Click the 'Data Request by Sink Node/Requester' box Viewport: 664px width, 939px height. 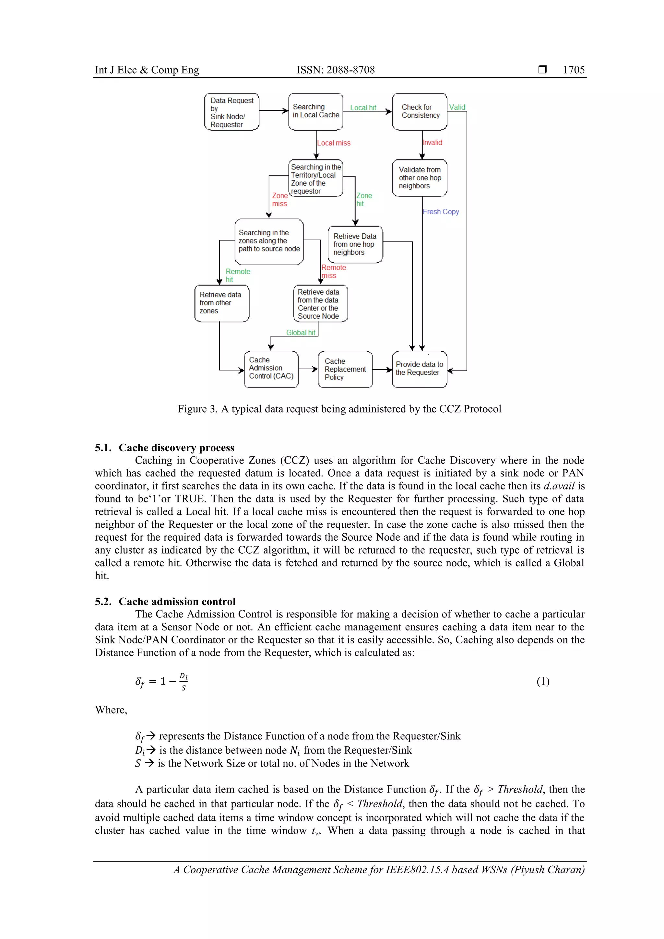tap(231, 112)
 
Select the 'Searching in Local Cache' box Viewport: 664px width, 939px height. tap(315, 111)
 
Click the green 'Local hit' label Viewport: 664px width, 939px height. tap(363, 108)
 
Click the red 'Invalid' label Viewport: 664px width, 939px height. tap(433, 142)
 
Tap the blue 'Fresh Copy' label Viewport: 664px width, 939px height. tap(441, 211)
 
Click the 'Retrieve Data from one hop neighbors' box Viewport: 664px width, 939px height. tap(355, 244)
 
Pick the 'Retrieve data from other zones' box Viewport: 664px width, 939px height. tap(222, 303)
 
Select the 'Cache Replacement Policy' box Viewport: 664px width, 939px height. tap(345, 369)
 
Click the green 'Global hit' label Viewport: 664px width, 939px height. tap(300, 333)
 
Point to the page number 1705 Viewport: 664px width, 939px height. tap(574, 70)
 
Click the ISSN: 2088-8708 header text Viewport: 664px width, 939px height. tap(336, 70)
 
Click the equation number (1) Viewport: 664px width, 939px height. tap(543, 681)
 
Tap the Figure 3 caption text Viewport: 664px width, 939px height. tap(339, 409)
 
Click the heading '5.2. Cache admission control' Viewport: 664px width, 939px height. tap(165, 601)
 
